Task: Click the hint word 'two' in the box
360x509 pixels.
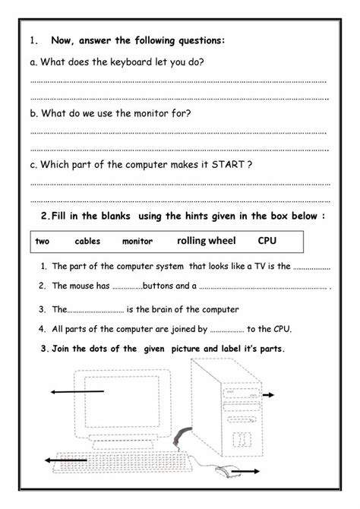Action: (43, 242)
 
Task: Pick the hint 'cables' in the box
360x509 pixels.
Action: (88, 242)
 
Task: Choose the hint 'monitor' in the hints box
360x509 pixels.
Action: (137, 242)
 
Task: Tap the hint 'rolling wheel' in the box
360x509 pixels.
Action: (206, 241)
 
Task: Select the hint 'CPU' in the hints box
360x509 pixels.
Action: (267, 241)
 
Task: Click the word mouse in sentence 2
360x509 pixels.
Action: (82, 286)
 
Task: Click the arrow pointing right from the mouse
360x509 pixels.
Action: (251, 473)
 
